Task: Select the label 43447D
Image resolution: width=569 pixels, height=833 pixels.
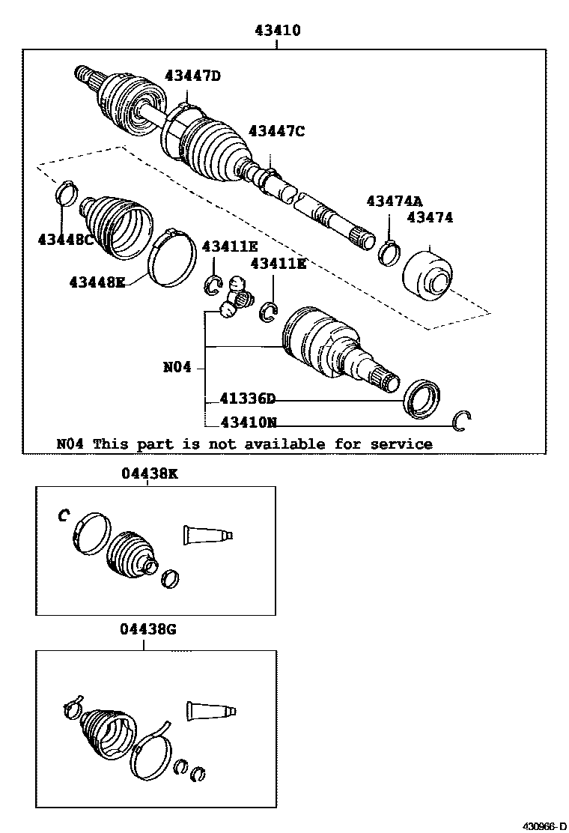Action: click(193, 75)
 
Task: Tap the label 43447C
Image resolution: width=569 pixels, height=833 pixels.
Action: click(276, 131)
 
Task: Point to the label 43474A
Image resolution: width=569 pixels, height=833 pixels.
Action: click(394, 201)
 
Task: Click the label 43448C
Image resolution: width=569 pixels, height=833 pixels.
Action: click(66, 239)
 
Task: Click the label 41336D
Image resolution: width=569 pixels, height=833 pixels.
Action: click(248, 399)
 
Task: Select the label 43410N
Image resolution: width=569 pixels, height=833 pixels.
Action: click(248, 422)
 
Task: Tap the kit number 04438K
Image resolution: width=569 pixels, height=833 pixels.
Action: click(149, 473)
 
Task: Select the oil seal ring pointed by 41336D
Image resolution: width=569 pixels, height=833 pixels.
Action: click(422, 397)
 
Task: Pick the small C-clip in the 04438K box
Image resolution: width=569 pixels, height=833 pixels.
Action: click(64, 515)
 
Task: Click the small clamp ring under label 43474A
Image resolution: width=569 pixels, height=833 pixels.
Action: click(389, 252)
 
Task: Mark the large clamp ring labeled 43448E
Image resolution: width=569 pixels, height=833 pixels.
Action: click(171, 259)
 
